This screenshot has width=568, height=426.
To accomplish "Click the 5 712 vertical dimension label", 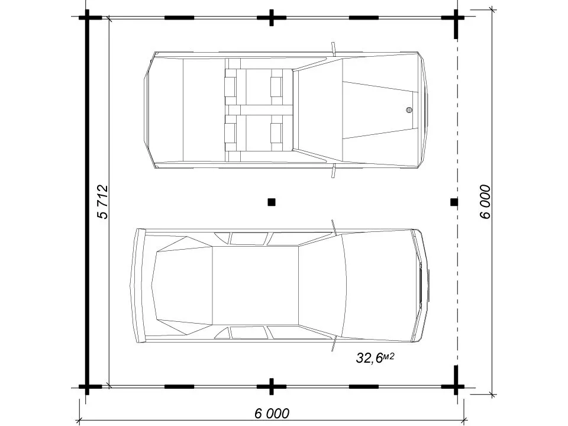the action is coord(103,202).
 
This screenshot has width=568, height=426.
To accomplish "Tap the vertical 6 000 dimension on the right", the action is coord(485,202).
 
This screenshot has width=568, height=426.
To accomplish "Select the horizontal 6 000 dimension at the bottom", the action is coord(272,414).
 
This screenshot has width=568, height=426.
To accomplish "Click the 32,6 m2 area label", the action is coord(375,358).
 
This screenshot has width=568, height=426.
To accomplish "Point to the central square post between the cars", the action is coord(272,202).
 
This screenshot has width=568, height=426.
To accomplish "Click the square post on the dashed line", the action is coord(454,202).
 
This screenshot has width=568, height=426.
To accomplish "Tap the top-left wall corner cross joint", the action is coord(87,17).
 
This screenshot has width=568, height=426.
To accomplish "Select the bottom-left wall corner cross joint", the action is coord(87,387).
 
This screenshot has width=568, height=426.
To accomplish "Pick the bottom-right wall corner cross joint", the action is coord(456,386).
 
